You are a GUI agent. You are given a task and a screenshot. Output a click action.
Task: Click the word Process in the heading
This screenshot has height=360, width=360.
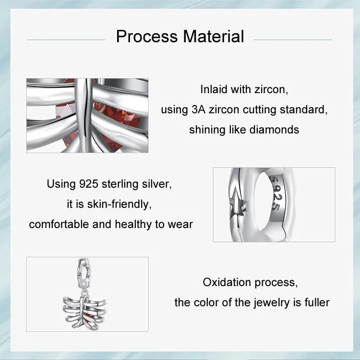[147, 36]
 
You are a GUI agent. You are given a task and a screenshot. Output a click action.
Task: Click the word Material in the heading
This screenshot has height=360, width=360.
[214, 36]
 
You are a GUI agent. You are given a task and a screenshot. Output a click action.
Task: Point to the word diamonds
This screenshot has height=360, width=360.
[274, 130]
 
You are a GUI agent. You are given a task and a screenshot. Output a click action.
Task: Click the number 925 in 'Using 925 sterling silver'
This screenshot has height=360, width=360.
[89, 184]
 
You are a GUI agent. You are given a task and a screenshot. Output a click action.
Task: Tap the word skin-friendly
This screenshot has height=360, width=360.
[120, 204]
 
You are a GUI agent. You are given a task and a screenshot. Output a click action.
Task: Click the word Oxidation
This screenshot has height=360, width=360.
[227, 282]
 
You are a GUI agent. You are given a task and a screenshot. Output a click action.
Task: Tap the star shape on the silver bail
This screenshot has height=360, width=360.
[238, 202]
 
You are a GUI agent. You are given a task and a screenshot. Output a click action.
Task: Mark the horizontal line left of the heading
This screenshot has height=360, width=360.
[66, 40]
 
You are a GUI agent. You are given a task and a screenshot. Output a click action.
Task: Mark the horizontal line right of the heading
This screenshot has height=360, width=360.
[293, 40]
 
